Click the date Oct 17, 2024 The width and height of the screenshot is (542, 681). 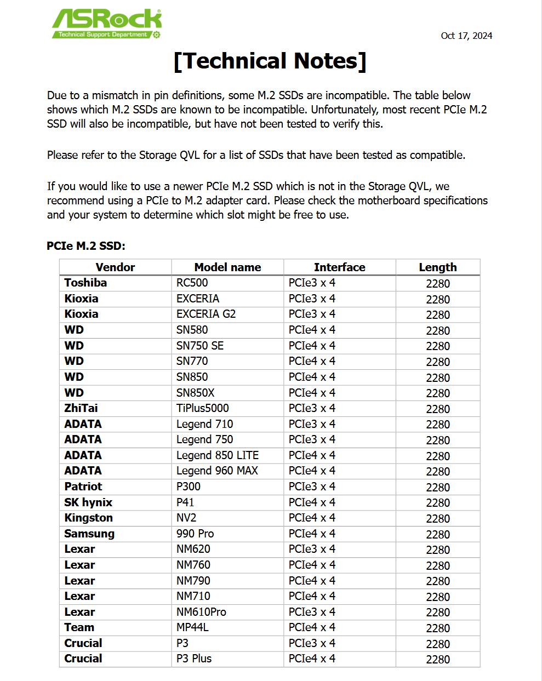(466, 36)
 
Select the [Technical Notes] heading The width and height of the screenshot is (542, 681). (270, 61)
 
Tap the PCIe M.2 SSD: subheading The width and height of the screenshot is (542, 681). (86, 246)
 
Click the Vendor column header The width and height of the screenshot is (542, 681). (115, 267)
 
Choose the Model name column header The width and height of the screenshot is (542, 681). (227, 267)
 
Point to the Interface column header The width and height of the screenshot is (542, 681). (339, 267)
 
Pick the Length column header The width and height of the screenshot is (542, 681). (437, 267)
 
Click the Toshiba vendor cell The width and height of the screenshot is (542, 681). (85, 283)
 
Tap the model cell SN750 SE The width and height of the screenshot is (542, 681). (199, 346)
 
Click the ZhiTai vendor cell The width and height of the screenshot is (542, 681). (81, 408)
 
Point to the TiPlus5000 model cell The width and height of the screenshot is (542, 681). (202, 408)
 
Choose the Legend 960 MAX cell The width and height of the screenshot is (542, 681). (217, 471)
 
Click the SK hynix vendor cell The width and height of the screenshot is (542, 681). (88, 502)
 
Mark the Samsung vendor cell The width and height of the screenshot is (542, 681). (89, 534)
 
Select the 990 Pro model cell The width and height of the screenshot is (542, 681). (195, 534)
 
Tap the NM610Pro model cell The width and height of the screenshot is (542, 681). (201, 612)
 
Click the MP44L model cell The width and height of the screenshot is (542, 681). (192, 627)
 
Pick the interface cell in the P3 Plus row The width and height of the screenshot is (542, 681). (312, 659)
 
